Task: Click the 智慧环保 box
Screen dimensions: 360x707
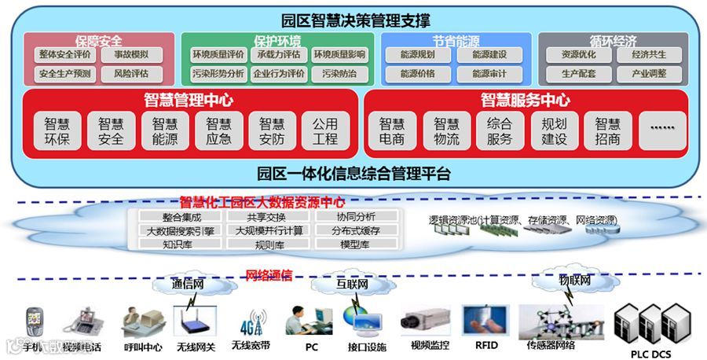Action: (57, 131)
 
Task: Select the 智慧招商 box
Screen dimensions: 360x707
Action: (606, 131)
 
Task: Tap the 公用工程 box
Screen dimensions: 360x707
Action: (325, 131)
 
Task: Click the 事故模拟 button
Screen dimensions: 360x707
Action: (126, 55)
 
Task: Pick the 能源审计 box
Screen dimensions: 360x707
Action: (489, 74)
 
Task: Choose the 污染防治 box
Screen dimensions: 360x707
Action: (339, 74)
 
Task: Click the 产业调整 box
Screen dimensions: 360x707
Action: (648, 74)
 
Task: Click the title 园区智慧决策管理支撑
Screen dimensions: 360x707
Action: (353, 20)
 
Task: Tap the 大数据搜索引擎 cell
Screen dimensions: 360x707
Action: (181, 230)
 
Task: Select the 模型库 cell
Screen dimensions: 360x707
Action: (354, 244)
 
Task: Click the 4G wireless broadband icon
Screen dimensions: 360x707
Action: (250, 323)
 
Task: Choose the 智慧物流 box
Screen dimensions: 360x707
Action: (445, 131)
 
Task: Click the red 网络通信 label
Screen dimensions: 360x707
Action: (269, 275)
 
